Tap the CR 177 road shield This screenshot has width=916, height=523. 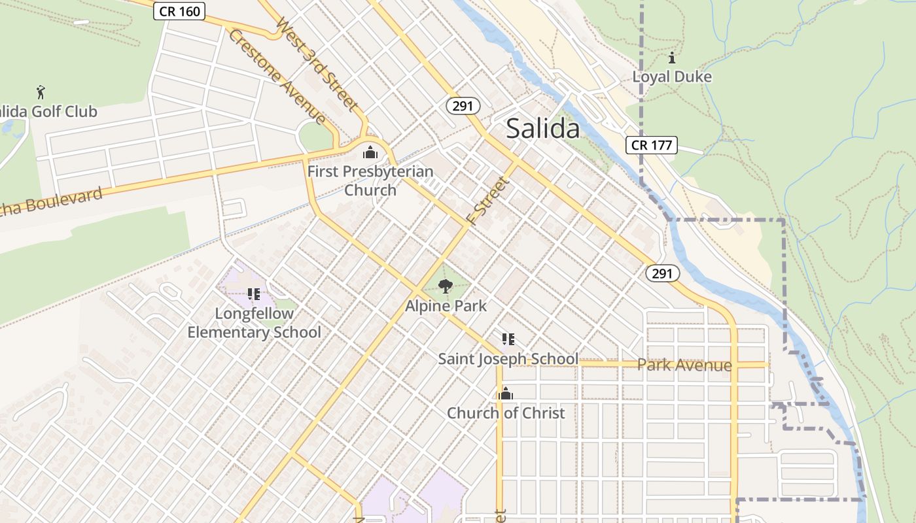coord(651,144)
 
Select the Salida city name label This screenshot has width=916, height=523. coord(543,129)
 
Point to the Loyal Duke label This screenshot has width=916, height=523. coord(672,76)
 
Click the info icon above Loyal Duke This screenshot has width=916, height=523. coord(672,58)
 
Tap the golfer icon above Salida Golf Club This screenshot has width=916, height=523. coord(41,92)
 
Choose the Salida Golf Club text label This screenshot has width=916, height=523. coord(49,112)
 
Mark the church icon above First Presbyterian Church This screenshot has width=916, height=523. coord(370,154)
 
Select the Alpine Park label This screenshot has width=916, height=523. coord(446,305)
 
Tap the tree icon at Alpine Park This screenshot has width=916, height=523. coord(446,286)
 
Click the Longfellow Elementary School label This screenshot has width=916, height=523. coord(254,323)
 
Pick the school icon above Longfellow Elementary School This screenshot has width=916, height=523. coord(254,295)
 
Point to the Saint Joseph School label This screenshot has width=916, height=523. coord(508,359)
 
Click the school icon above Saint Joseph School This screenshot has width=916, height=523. coord(508,339)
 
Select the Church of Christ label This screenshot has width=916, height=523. coord(506,413)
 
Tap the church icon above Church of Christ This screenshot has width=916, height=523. coord(505,394)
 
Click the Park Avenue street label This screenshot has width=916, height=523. coord(684,365)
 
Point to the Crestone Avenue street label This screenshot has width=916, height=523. coord(277,76)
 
